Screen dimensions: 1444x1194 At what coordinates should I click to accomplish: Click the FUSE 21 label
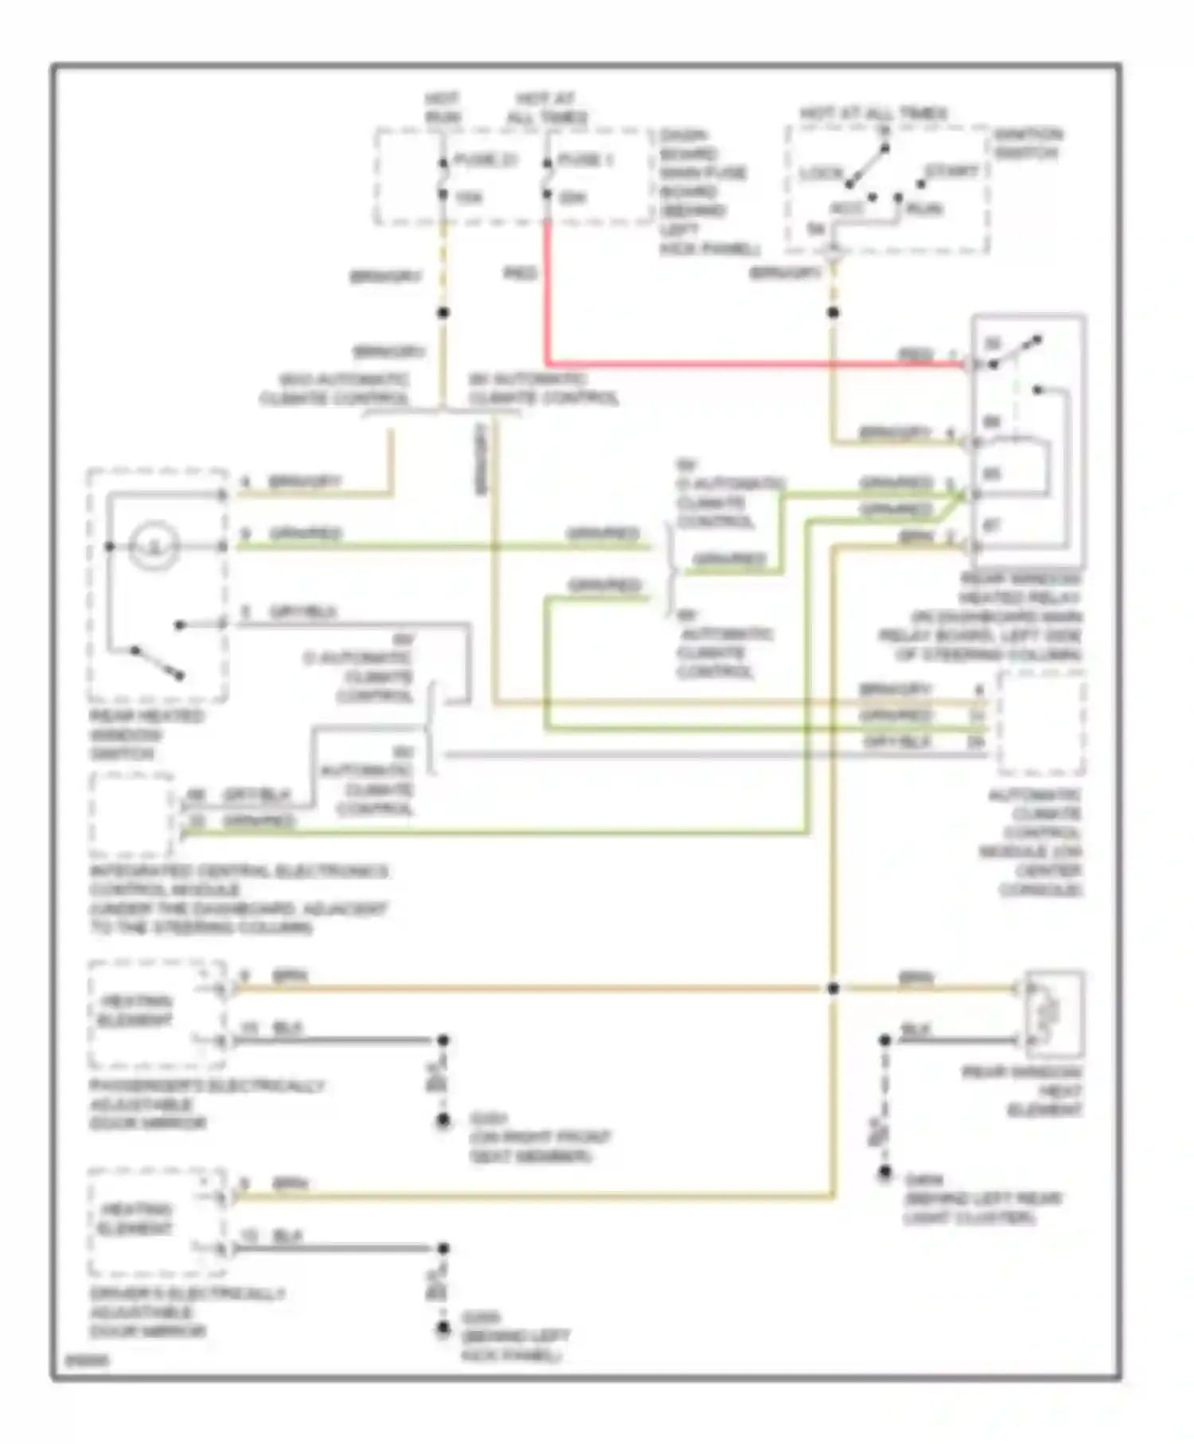point(485,161)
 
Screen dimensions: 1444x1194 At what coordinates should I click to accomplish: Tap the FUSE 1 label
point(585,161)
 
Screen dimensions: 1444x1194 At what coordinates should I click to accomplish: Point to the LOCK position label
point(821,174)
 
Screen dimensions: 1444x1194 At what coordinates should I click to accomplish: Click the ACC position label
point(847,209)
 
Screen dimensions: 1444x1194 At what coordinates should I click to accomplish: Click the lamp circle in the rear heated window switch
point(154,546)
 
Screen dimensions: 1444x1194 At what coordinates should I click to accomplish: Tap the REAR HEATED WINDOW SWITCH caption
point(146,735)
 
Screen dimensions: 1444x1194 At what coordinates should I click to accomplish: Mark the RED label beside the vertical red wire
point(521,275)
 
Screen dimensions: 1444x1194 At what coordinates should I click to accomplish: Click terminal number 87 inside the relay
point(992,525)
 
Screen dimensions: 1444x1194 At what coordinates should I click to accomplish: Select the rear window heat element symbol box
point(1054,1014)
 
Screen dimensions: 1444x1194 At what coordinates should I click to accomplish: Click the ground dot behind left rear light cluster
point(884,1173)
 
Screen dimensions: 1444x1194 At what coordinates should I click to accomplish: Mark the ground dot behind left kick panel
point(443,1329)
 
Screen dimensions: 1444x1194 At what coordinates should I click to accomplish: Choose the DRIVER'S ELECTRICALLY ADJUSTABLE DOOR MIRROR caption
point(186,1313)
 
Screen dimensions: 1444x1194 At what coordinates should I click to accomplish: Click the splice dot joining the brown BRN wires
point(833,989)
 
